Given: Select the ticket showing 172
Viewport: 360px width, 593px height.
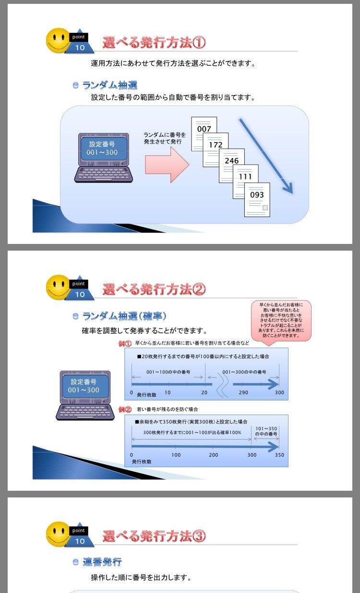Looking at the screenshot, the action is coord(216,145).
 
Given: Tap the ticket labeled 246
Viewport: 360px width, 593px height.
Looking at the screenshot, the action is coord(231,161).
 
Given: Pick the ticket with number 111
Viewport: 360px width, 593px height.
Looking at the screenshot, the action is coord(245,177).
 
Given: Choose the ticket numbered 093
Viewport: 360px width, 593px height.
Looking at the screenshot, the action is coord(257,195).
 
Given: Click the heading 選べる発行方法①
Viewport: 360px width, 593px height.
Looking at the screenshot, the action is coord(154,43).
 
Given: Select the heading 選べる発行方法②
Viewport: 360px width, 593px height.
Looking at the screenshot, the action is coord(154,290).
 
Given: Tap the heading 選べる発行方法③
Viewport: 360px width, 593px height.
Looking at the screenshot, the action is coord(154,536).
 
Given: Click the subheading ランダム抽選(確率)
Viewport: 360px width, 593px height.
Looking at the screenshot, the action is coord(124,316).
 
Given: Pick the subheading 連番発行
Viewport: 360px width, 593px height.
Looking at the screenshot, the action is coord(102,562).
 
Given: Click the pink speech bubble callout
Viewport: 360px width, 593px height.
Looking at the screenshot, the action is coord(281,320).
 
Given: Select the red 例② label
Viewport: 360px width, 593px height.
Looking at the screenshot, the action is coord(125,410).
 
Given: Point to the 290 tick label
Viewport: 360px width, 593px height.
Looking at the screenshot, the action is coord(243,393).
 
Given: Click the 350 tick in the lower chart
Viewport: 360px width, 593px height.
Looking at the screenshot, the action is coord(279,455).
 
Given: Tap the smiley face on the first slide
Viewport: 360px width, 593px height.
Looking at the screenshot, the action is coord(58,40).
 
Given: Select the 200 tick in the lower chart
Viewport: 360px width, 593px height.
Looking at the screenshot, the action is coord(214,455).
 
